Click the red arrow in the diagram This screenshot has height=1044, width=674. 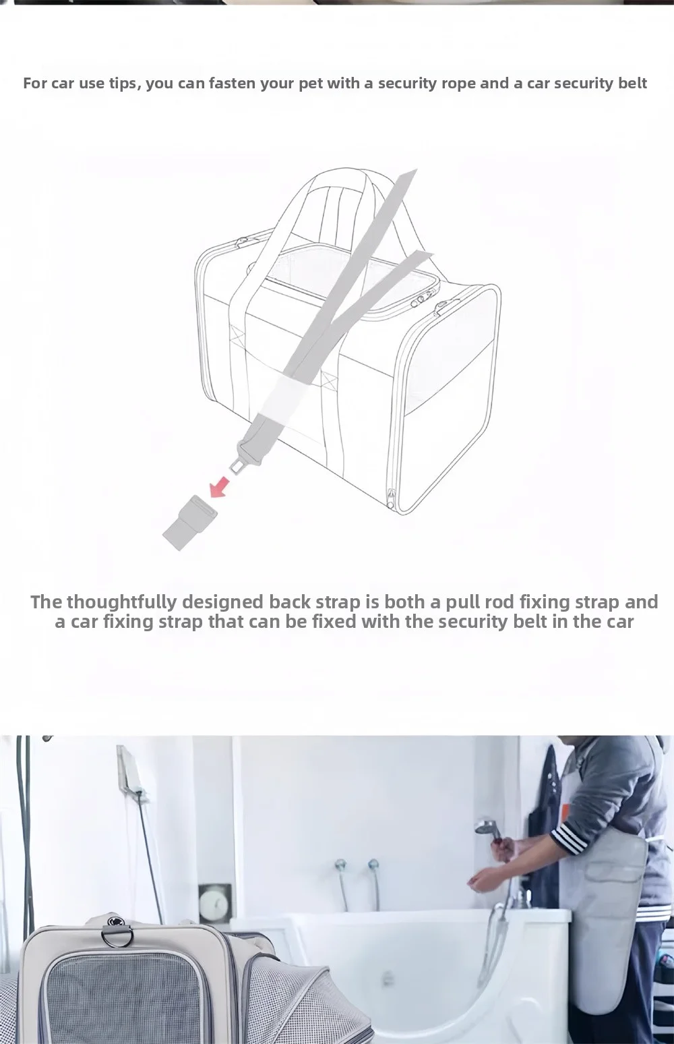(x=220, y=486)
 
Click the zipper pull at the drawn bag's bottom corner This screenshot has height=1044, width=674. (x=390, y=497)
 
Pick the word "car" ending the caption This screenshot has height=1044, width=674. (x=619, y=622)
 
